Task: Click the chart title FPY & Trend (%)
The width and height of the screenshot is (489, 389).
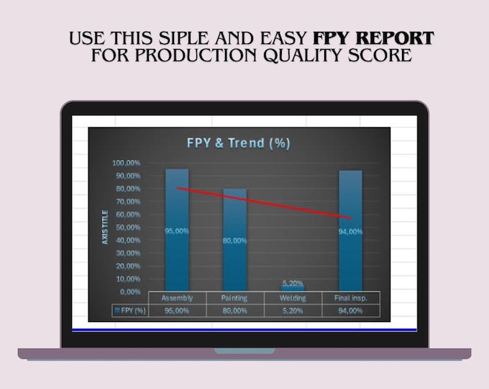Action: pyautogui.click(x=239, y=143)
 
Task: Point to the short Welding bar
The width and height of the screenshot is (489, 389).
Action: pyautogui.click(x=292, y=288)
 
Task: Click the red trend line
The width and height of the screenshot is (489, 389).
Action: pyautogui.click(x=266, y=202)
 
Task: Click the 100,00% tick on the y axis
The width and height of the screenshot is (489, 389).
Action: pyautogui.click(x=127, y=163)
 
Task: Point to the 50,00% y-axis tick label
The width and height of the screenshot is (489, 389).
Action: pyautogui.click(x=127, y=227)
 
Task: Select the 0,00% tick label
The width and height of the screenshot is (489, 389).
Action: pyautogui.click(x=129, y=291)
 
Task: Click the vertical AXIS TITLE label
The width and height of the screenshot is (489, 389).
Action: pyautogui.click(x=106, y=227)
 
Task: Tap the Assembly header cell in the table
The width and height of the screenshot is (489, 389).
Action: pyautogui.click(x=177, y=298)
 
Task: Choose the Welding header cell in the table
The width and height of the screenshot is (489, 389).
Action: pyautogui.click(x=292, y=298)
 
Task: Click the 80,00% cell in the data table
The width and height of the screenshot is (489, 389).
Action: pyautogui.click(x=234, y=310)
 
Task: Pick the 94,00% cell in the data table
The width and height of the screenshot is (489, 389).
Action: pyautogui.click(x=350, y=310)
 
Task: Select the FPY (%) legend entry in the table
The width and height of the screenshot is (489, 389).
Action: pyautogui.click(x=130, y=310)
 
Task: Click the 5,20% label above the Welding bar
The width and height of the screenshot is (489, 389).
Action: pyautogui.click(x=292, y=283)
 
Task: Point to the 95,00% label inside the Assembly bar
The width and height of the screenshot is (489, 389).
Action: pyautogui.click(x=177, y=231)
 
